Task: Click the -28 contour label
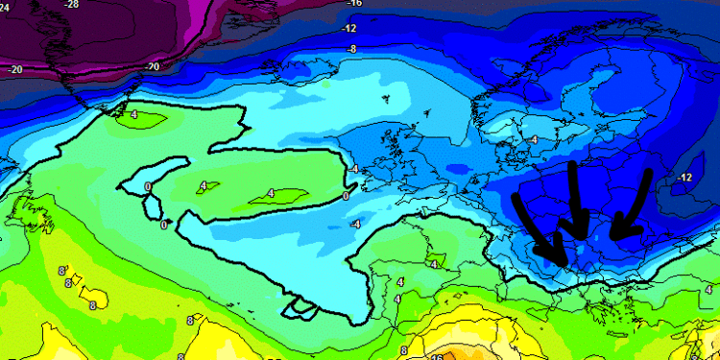click(71, 5)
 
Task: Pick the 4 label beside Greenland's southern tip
click(133, 115)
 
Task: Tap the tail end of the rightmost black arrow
click(649, 174)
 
